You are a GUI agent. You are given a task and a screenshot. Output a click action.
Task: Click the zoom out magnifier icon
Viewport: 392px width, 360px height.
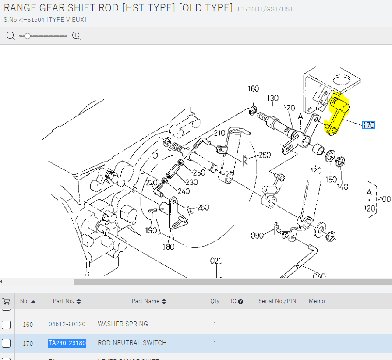(11, 36)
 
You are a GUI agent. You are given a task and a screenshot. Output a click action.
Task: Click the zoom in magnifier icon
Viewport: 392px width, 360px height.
(76, 36)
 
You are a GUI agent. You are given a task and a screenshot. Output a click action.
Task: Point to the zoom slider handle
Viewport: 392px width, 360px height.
(28, 36)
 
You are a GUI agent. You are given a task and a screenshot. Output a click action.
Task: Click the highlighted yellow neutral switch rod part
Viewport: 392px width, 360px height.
(337, 115)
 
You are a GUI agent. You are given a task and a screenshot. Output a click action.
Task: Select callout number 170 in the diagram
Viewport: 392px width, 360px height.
(368, 125)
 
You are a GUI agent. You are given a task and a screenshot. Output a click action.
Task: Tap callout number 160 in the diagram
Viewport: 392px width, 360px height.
(253, 89)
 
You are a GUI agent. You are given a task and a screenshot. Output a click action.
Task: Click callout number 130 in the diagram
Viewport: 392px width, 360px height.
(273, 98)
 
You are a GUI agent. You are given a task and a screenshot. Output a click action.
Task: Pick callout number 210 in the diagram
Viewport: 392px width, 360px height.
(219, 133)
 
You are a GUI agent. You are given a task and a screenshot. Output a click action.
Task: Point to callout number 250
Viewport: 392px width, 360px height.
(199, 173)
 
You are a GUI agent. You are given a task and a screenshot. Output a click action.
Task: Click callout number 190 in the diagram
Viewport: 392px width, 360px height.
(151, 230)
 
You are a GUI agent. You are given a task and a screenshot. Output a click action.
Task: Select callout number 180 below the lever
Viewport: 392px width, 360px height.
(169, 247)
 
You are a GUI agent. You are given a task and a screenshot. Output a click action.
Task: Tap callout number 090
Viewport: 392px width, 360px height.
(257, 236)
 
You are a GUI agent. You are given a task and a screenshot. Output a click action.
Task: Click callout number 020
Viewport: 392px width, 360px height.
(216, 261)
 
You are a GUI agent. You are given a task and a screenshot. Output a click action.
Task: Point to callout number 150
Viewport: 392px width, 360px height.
(331, 180)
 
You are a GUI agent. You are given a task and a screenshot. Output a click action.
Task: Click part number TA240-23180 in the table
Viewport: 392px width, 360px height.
(67, 343)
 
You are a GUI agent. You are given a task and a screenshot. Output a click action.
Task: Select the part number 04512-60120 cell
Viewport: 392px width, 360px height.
(67, 324)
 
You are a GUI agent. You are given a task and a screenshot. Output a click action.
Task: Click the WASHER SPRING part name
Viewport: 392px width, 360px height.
(123, 324)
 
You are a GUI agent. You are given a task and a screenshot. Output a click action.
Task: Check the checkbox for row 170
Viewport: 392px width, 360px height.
(6, 343)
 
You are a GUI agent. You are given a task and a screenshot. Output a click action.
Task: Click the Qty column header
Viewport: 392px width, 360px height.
(215, 301)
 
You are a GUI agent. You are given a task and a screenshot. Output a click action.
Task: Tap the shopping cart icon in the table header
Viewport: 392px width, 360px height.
(6, 301)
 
